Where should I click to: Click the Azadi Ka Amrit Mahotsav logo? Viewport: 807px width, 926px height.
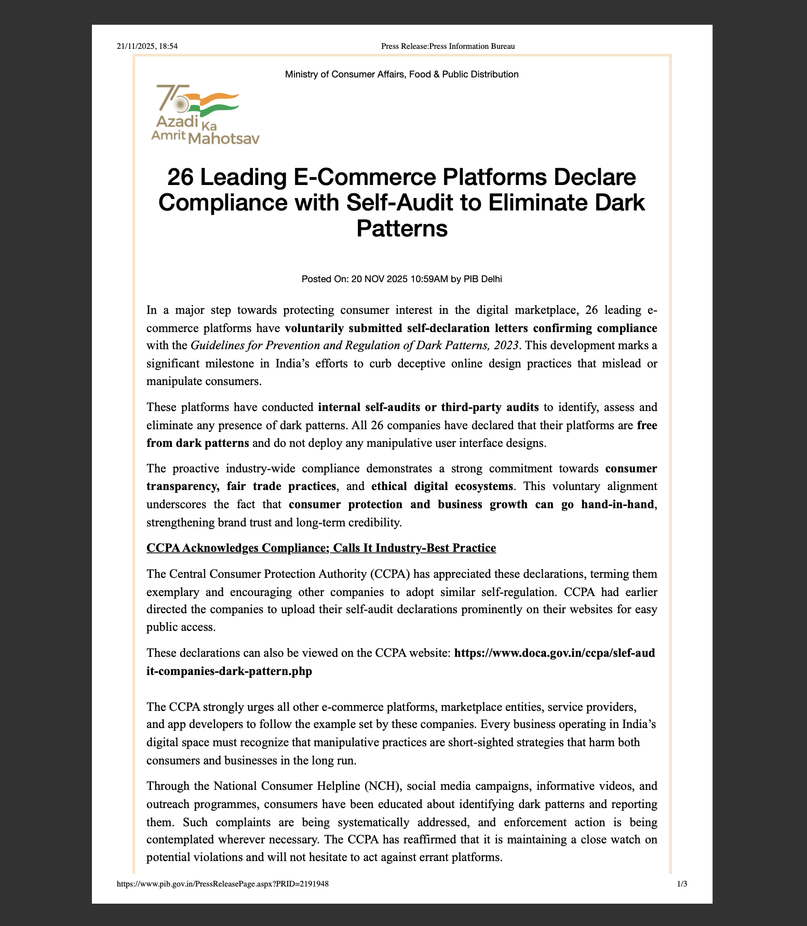click(205, 114)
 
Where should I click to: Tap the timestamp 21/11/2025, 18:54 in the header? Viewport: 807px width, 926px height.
click(147, 46)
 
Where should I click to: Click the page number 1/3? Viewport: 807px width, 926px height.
click(682, 883)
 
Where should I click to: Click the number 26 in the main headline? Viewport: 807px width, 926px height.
click(180, 177)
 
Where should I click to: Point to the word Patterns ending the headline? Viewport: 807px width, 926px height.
click(401, 228)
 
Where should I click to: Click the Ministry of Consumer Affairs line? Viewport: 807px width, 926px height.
click(401, 74)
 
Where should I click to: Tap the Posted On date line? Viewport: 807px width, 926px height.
click(401, 279)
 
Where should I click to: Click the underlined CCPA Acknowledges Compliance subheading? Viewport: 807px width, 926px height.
click(321, 548)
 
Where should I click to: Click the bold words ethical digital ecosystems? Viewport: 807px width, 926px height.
click(442, 486)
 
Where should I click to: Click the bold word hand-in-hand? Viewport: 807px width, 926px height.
click(617, 505)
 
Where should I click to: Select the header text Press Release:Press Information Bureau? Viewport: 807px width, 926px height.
click(448, 46)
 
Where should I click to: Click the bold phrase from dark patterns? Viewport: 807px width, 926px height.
click(198, 443)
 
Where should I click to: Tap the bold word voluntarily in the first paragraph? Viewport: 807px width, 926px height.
click(314, 328)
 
